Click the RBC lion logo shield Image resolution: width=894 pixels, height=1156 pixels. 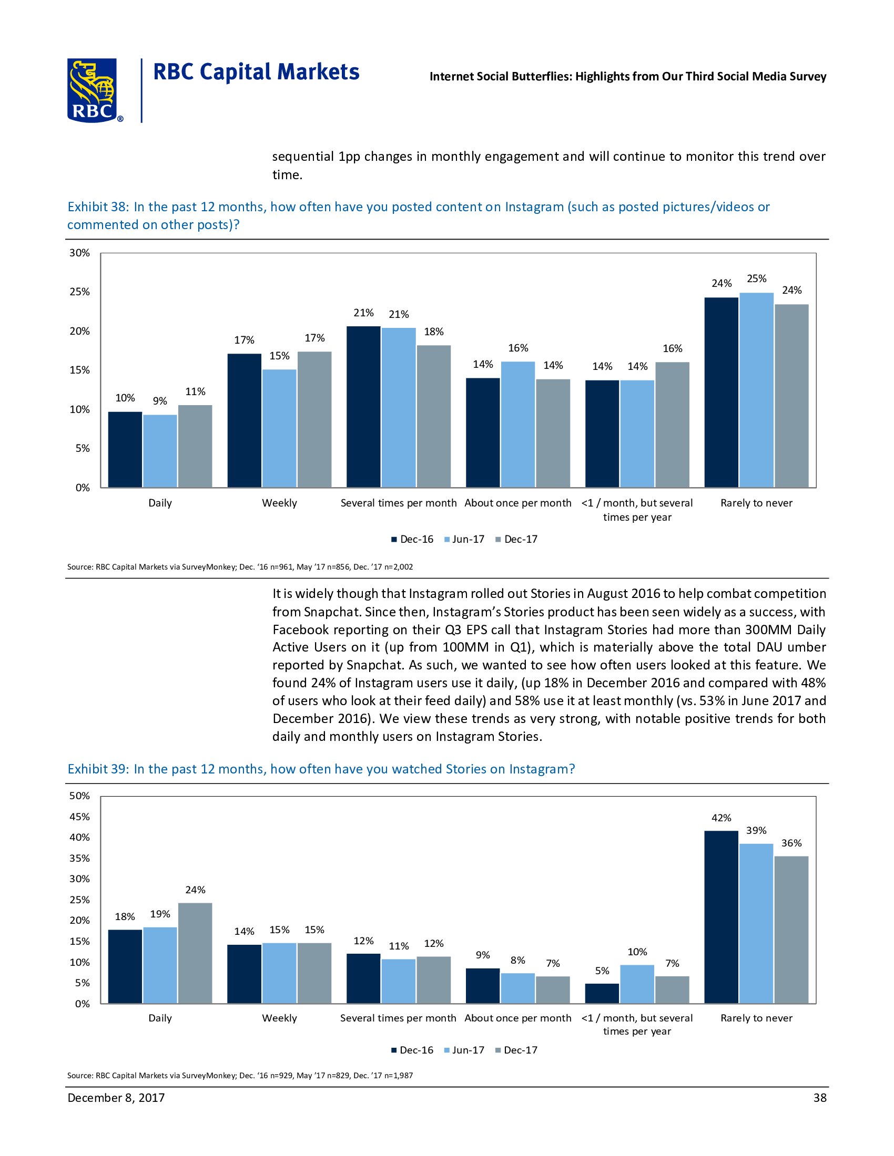tap(92, 90)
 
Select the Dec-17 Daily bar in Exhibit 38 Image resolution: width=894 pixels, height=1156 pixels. tap(195, 446)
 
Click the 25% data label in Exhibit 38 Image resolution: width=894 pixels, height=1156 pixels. tap(756, 278)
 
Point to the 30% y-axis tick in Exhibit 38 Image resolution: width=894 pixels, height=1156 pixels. tap(80, 253)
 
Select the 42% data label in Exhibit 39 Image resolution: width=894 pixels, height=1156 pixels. tap(721, 818)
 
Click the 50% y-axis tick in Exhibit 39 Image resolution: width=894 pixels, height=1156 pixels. tap(80, 796)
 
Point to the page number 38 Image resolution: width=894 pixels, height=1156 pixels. tap(819, 1098)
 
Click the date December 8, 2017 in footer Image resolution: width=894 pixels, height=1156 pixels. tap(116, 1098)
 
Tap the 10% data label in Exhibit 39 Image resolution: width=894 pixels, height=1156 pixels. tap(637, 952)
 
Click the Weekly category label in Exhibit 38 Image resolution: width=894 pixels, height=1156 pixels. tap(279, 503)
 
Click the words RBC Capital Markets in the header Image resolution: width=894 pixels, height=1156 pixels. tap(256, 72)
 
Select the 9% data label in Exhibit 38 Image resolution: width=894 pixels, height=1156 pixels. tap(160, 401)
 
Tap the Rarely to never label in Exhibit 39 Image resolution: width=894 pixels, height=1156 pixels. tap(756, 1018)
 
